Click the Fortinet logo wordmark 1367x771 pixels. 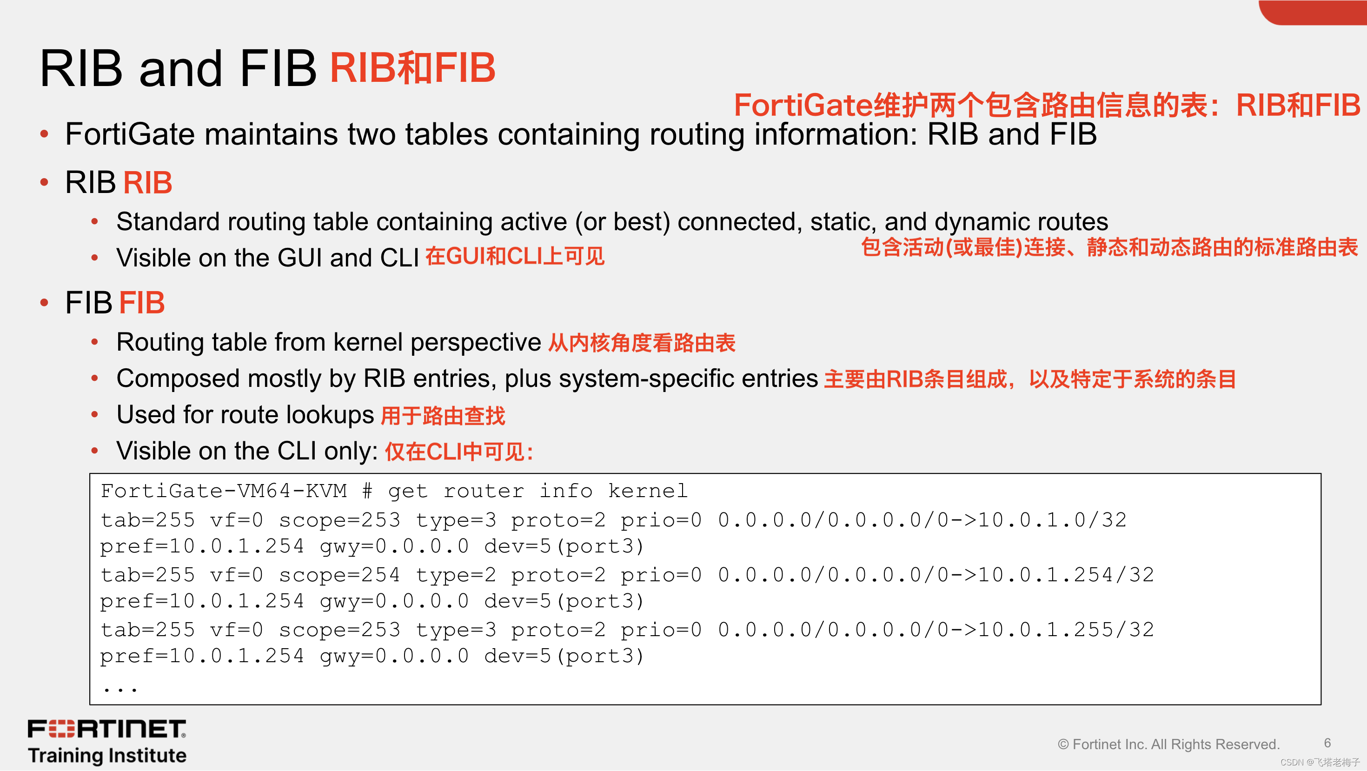[x=106, y=729]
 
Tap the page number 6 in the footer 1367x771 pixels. [x=1327, y=743]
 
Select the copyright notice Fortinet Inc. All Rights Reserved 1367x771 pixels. [x=1168, y=744]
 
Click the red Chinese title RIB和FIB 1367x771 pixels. [x=412, y=68]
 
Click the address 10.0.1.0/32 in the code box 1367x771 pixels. [x=1052, y=520]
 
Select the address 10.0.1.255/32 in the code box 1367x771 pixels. [x=1066, y=630]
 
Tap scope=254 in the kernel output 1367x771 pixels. [x=339, y=575]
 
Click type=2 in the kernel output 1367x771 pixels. [x=456, y=575]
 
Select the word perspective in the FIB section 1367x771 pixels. [x=476, y=342]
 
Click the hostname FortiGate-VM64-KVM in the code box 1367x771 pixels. [x=223, y=492]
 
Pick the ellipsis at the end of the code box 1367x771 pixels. [x=120, y=689]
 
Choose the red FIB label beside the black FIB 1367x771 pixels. [x=142, y=303]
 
